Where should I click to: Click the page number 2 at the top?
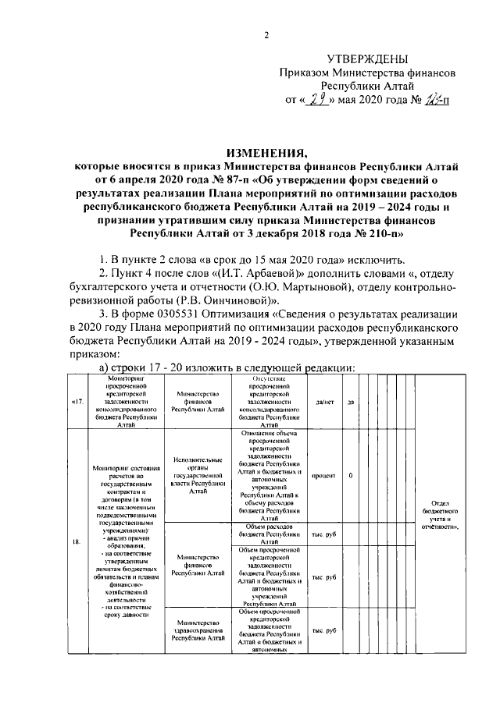click(266, 35)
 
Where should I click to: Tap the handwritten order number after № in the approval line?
click(432, 99)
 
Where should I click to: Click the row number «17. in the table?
click(77, 402)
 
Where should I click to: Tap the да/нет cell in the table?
click(323, 402)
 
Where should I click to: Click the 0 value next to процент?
click(351, 475)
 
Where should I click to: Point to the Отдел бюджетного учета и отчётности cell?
click(444, 515)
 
